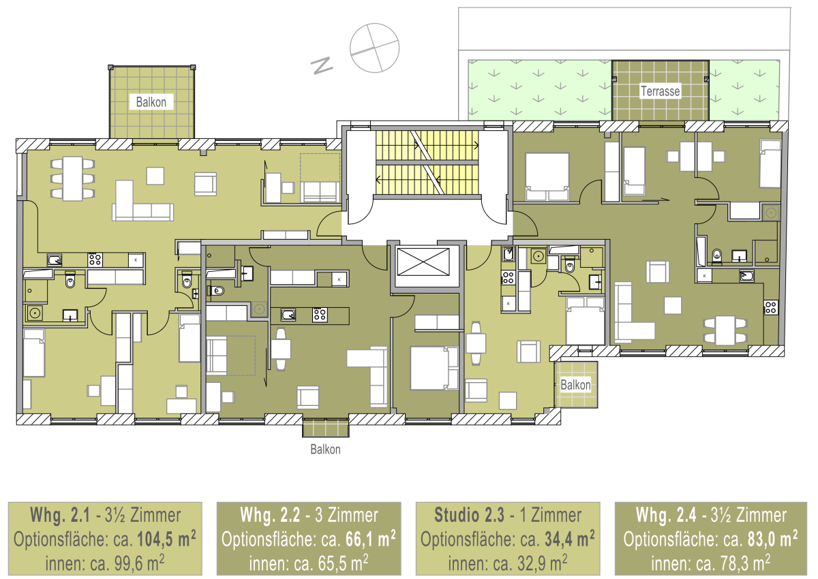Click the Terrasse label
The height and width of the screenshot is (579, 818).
661,91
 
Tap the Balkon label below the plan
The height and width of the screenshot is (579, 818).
325,449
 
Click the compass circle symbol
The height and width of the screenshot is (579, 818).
374,48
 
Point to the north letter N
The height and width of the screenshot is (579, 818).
321,65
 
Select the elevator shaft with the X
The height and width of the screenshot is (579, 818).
423,262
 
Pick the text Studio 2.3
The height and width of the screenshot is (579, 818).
469,515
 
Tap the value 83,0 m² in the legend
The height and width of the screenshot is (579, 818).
772,539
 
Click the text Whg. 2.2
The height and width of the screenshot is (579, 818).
270,515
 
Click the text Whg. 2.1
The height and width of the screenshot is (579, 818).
60,515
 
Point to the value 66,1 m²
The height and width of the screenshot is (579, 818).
370,539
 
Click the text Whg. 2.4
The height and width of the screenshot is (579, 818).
666,515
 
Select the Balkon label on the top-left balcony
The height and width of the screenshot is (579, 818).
151,101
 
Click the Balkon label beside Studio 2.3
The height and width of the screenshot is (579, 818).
575,385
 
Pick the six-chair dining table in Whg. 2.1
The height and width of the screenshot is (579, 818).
73,178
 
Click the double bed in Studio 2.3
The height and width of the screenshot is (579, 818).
585,320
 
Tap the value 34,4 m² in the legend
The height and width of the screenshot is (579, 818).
570,539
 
